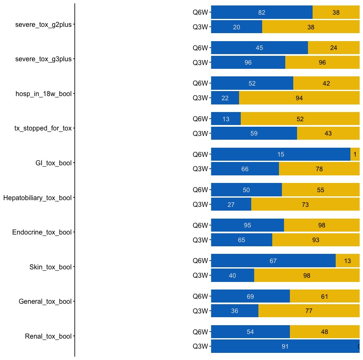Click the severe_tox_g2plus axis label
[43, 24]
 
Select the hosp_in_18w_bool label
[43, 94]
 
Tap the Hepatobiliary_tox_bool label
[37, 198]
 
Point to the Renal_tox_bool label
[48, 336]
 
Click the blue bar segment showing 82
[262, 13]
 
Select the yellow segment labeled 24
[334, 48]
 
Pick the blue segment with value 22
[225, 98]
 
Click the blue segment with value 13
[226, 119]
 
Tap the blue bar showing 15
[281, 154]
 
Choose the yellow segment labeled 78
[319, 169]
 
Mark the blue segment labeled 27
[231, 205]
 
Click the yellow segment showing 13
[347, 261]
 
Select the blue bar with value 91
[285, 347]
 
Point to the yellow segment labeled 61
[325, 297]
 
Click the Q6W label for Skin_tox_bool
[200, 261]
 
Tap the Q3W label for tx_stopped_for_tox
[200, 133]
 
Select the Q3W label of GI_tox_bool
[200, 169]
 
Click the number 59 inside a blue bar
[254, 133]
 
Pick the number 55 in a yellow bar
[321, 190]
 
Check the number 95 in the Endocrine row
[247, 225]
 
